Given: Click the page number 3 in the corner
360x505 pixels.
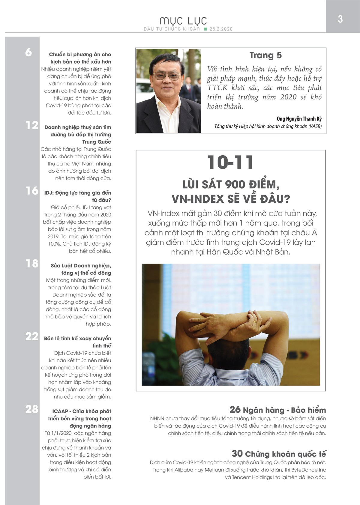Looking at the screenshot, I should [340, 19].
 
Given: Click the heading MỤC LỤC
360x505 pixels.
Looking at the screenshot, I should [183, 21].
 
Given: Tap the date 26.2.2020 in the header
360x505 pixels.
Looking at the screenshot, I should [221, 29].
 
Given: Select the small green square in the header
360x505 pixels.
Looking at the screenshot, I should [205, 29].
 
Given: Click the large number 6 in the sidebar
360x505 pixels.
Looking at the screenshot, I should [28, 52].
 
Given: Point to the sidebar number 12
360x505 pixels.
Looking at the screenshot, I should [32, 125].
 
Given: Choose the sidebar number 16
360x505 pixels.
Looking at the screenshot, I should [32, 191].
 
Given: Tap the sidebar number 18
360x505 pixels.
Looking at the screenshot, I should [32, 264].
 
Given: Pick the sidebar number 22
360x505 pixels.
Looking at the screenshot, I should [32, 336].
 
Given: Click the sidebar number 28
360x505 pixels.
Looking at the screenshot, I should [32, 409].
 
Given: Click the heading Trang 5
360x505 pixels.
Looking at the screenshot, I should [265, 55].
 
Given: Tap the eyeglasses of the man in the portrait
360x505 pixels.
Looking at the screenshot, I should [167, 75].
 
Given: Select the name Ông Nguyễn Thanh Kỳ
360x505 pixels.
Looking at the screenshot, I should [299, 119].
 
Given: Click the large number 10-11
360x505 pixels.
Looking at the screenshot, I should [230, 163].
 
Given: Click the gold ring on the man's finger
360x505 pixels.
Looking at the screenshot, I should [255, 321].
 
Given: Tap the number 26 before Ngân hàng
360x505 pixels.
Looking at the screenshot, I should [235, 410].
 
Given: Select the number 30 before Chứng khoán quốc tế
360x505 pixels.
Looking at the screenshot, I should [237, 453].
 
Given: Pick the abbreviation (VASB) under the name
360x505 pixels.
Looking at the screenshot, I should [315, 126].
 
